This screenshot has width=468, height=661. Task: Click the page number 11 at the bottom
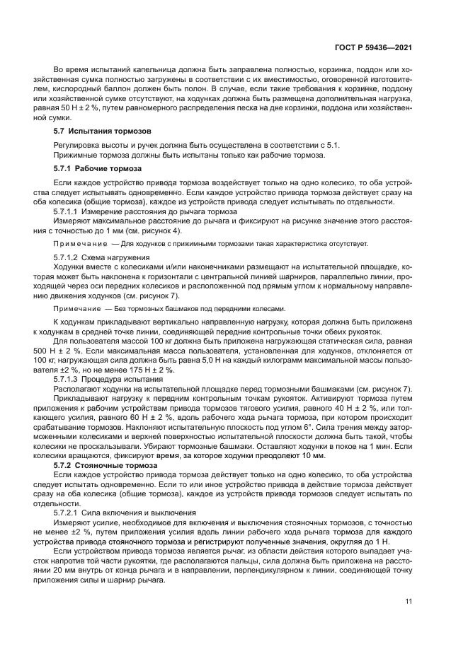coord(409,601)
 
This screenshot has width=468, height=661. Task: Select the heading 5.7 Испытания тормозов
coord(96,132)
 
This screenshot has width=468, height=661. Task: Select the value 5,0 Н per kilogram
coord(210,360)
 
